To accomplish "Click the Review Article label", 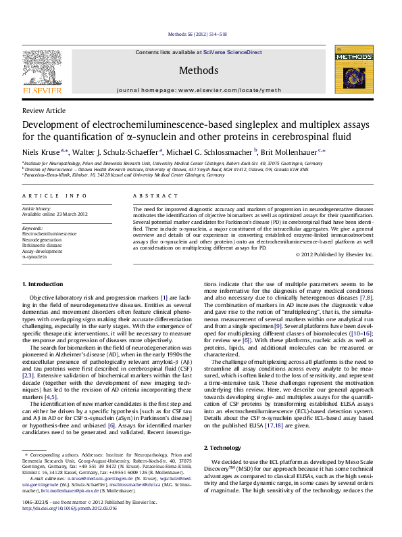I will (x=44, y=110).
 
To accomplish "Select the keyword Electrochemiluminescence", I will (x=50, y=233).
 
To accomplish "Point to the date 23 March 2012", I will (x=71, y=214).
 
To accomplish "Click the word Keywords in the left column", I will (x=32, y=228).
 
